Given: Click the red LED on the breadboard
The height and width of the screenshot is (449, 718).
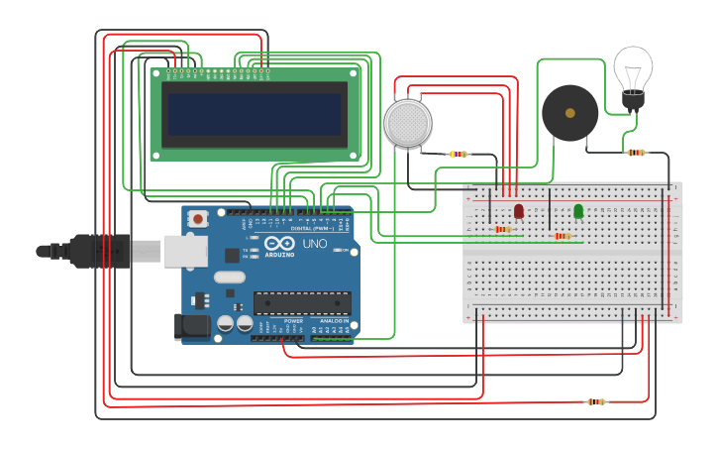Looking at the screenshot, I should click(519, 211).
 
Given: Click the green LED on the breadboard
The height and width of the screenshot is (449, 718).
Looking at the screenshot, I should click(578, 211).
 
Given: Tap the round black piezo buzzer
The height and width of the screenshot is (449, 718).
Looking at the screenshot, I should click(569, 112).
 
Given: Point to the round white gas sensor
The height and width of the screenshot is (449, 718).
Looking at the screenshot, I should click(408, 123).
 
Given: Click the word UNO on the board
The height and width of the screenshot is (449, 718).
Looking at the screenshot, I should click(315, 244).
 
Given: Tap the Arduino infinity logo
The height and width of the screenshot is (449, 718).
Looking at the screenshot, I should click(279, 243).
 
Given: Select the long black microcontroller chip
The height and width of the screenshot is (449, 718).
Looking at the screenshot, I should click(302, 302).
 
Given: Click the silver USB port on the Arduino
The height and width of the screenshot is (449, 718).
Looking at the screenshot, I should click(183, 252).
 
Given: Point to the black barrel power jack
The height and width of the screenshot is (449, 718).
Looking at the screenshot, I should click(192, 327).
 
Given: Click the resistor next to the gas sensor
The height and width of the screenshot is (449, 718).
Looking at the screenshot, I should click(459, 154).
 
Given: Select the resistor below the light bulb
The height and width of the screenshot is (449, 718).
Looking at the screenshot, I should click(636, 153).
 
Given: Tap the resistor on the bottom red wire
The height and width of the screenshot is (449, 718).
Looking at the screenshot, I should click(595, 401).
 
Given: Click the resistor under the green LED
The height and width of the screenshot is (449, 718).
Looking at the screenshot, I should click(563, 236).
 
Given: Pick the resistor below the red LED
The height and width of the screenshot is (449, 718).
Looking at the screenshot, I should click(503, 230).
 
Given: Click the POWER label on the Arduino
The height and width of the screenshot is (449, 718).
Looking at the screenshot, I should click(294, 321).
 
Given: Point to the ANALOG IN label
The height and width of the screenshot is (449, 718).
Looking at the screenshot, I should click(334, 321).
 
